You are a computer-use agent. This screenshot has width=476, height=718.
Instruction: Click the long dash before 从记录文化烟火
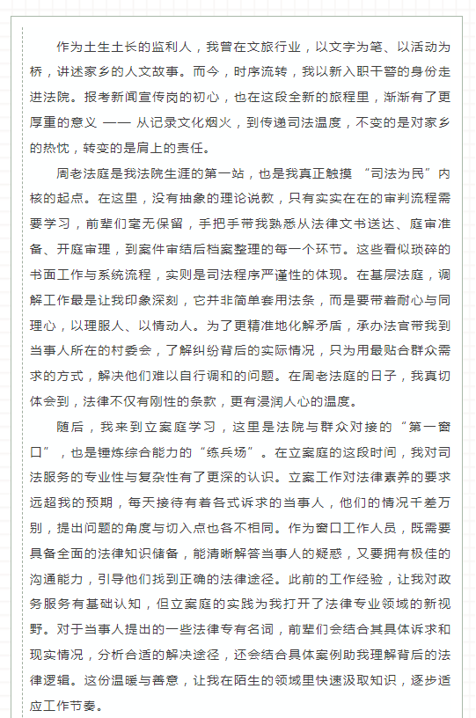(114, 122)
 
